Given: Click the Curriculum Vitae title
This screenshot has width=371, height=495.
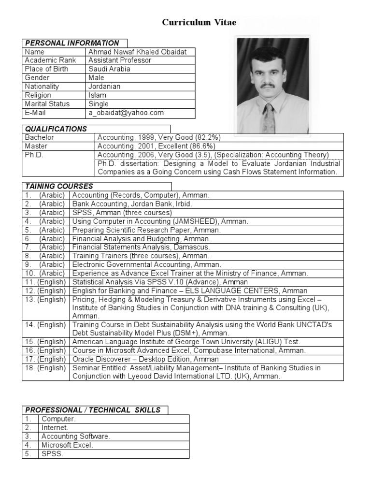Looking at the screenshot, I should pos(199,23).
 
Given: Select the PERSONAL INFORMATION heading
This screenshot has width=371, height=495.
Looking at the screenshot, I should pos(72,43).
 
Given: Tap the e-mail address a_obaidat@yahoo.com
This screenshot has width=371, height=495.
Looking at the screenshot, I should pos(126,113).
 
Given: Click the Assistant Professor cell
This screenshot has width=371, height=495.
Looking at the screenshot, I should pos(120,60).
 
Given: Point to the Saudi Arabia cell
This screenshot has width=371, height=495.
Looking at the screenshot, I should pos(109,69).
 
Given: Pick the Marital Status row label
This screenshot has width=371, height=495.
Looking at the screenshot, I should pos(47,104).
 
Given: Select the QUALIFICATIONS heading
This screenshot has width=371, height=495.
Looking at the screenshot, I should pos(56,129).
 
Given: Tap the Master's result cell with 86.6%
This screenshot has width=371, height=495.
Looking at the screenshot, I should pos(156,146).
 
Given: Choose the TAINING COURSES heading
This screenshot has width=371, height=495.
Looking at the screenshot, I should pos(59,186).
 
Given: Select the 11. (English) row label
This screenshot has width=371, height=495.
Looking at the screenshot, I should pos(45,282).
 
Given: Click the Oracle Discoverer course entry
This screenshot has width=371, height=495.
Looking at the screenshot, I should pos(145,359).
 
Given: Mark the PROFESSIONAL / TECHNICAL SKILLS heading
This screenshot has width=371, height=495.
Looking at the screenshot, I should pos(93,410).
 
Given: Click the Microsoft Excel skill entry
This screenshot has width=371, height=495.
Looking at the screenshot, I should pos(67,445).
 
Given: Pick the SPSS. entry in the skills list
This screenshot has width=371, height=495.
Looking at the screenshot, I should pos(52,454).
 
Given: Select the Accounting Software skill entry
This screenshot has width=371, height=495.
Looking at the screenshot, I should pos(76,437).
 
